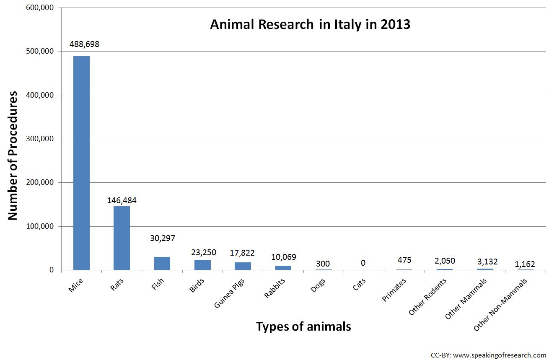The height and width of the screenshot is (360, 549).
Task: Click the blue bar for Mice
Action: point(81,163)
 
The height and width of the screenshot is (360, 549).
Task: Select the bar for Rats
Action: point(122,238)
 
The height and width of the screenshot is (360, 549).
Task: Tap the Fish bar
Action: point(162,263)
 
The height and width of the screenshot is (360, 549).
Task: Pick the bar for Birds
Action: point(202,265)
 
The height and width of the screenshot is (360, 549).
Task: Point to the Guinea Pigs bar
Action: point(243,266)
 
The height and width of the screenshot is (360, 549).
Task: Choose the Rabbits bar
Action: point(283,267)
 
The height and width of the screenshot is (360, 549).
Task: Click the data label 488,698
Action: point(83,44)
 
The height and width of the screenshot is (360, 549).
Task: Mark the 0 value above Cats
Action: point(363,263)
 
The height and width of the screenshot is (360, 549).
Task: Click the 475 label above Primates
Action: point(404,260)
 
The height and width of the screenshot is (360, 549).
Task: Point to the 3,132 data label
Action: point(485,262)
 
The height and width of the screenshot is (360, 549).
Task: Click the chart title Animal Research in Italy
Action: point(310,24)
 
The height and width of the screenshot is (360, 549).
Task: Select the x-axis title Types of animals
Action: point(303,326)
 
